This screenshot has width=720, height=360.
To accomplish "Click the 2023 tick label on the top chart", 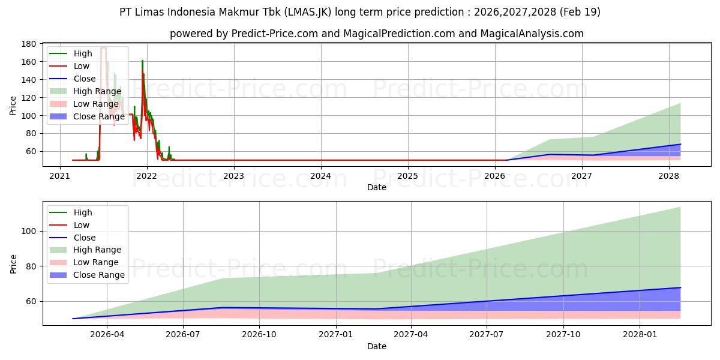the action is tap(233, 176).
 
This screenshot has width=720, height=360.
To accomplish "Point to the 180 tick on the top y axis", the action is tap(28, 44).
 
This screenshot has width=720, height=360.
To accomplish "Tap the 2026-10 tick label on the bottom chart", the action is tap(259, 335).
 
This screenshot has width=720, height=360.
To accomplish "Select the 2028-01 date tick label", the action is tap(640, 335).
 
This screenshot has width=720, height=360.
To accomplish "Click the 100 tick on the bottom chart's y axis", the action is tap(28, 232).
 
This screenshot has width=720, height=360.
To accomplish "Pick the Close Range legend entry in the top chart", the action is tap(87, 116).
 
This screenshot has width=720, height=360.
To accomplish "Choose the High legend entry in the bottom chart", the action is tap(71, 212).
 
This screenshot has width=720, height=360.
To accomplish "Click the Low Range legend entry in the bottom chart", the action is tap(84, 262).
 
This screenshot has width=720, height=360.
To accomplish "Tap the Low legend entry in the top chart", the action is tap(70, 66).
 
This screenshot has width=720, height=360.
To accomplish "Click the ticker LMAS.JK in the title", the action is tap(307, 12).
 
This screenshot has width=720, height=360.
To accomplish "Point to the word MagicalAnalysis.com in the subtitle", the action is tap(532, 34).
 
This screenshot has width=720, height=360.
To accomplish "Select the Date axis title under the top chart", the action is tap(377, 187).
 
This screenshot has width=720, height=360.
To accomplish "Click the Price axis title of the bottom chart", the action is tap(13, 264).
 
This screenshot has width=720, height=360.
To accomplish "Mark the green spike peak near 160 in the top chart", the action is tap(142, 61).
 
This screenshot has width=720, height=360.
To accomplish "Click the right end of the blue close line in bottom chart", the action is tap(680, 287).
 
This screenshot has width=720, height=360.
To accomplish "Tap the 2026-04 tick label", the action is tap(107, 335).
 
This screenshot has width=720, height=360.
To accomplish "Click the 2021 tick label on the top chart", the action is tap(60, 176).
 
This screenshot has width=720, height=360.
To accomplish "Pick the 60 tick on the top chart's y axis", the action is tap(31, 151).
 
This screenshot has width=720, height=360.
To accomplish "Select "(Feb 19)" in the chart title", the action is tap(580, 12).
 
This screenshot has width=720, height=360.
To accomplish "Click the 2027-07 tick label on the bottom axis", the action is tap(487, 335).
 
